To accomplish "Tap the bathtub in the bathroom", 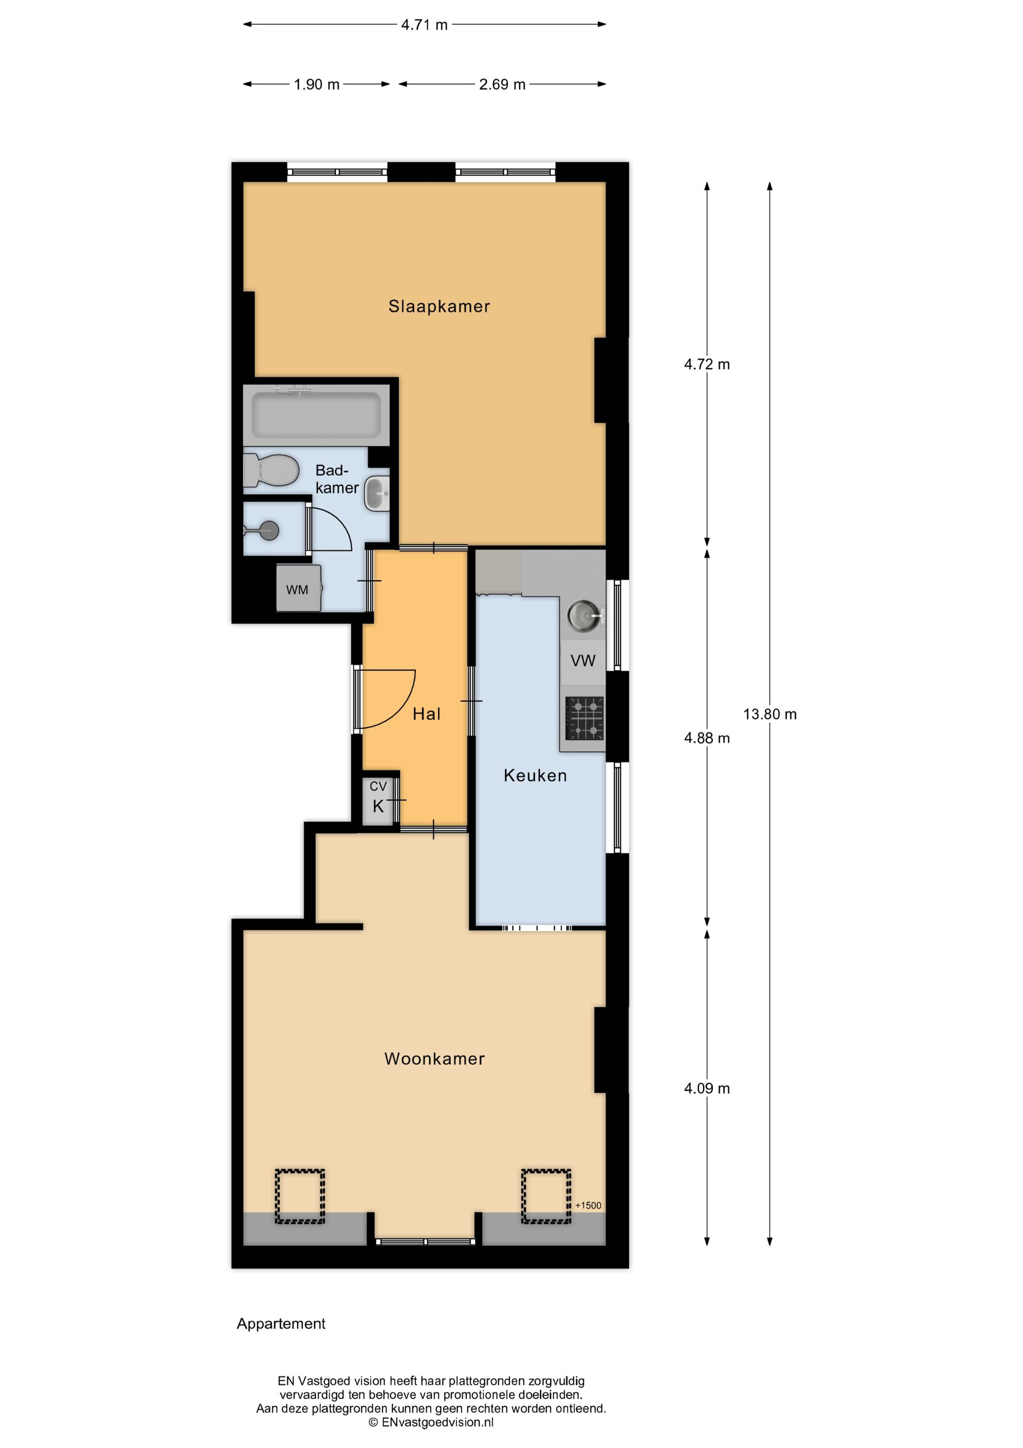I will pos(316,415).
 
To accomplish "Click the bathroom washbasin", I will pos(377,493).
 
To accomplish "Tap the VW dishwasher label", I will pos(583,660).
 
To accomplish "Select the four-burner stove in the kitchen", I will pos(584,719).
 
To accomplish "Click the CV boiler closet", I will pos(378,799).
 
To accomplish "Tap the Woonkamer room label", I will pos(434,1058).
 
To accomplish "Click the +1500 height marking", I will pos(588,1205).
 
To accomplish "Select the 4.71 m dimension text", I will pos(424,25).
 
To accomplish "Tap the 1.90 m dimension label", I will pos(316,84).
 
